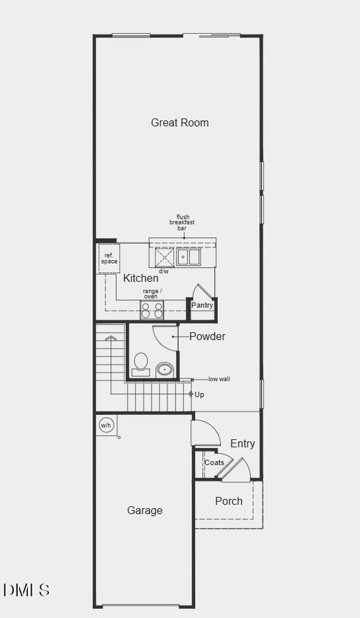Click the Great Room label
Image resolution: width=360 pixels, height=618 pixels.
[x=179, y=122]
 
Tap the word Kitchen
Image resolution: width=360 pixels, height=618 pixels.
[x=140, y=279]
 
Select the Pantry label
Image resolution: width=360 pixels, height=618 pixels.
[x=202, y=305]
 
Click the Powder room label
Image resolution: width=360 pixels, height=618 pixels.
[x=207, y=336]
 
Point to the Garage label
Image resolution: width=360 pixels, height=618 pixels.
[x=144, y=510]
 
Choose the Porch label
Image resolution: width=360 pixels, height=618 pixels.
[x=228, y=501]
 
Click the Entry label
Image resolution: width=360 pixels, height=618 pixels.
[x=242, y=443]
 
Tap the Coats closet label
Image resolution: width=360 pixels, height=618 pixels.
[x=214, y=463]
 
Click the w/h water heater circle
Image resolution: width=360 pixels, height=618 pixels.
[x=106, y=425]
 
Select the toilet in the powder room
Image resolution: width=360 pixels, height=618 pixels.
[x=141, y=364]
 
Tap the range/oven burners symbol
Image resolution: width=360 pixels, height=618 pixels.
[x=152, y=310]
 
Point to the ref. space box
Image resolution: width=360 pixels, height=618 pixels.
[x=109, y=259]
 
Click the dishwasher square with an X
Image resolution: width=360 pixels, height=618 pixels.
[x=164, y=257]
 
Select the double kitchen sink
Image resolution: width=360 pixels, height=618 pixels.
[x=188, y=256]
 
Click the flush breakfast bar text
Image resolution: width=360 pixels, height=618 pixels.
[x=182, y=222]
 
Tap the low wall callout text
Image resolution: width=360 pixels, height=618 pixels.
[x=219, y=379]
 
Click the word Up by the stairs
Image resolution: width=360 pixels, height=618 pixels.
[x=199, y=394]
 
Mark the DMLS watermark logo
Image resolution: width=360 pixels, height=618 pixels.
[x=26, y=590]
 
